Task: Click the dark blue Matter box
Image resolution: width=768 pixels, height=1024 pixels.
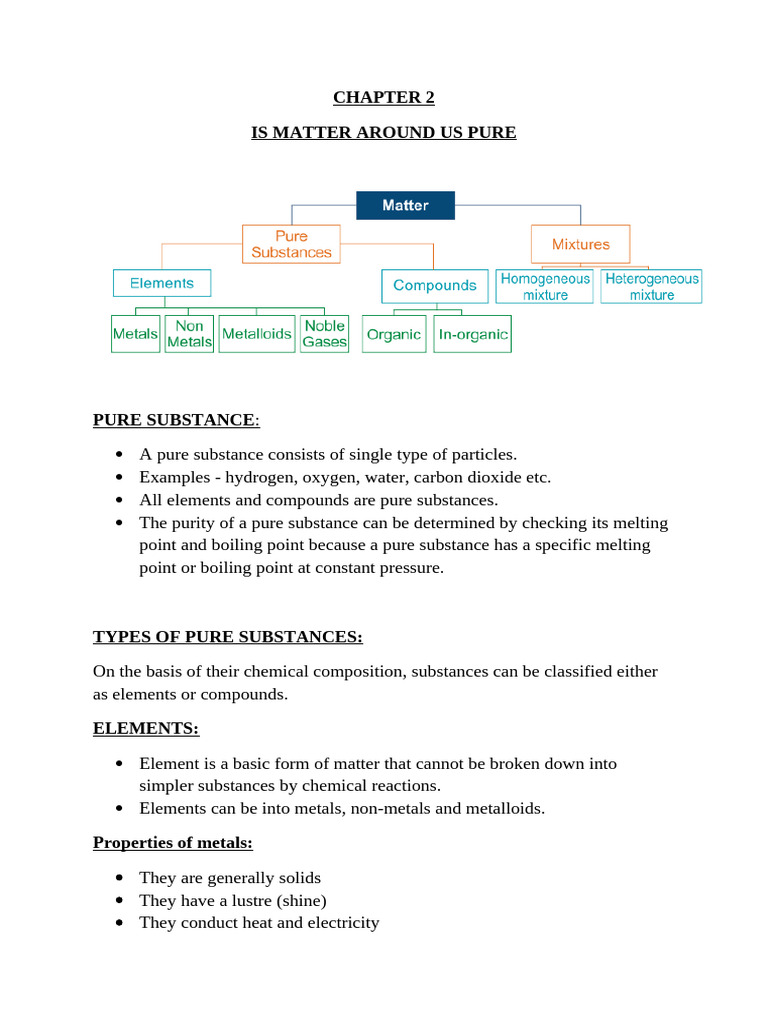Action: [x=405, y=205]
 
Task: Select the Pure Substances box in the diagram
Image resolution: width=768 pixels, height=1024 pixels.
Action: [x=291, y=244]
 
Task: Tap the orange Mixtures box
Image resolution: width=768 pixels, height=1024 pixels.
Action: [x=580, y=244]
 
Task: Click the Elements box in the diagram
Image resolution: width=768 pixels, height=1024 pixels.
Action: [x=161, y=283]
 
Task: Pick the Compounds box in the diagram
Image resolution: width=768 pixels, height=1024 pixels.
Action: [x=434, y=285]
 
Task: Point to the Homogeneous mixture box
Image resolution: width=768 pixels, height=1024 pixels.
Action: [x=545, y=287]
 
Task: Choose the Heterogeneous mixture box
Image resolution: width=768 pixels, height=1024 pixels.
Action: [x=652, y=287]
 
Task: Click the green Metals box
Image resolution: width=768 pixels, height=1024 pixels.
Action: [x=135, y=334]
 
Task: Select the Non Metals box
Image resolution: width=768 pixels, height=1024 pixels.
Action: [x=189, y=334]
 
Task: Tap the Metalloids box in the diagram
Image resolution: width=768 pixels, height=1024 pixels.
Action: [x=256, y=334]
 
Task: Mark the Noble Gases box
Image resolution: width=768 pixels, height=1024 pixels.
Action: [x=324, y=334]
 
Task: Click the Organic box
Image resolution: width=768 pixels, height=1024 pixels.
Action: [x=394, y=335]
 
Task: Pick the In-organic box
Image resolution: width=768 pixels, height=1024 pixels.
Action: [x=473, y=335]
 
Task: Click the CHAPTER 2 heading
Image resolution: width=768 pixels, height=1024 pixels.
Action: [x=384, y=98]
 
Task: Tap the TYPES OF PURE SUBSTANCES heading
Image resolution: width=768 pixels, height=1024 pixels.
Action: [x=228, y=637]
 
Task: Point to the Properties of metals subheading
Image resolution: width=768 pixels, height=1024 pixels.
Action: [x=173, y=842]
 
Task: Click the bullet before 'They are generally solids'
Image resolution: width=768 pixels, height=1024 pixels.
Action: [x=119, y=878]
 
